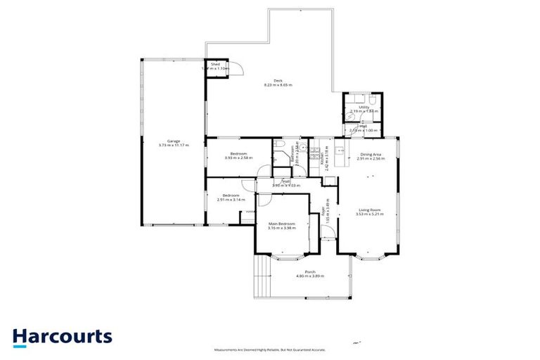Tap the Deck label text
[x=278, y=80]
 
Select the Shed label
[x=214, y=64]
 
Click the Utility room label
[x=364, y=107]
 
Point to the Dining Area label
[x=371, y=154]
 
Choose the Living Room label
[x=370, y=210]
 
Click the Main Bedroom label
[x=281, y=224]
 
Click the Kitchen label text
[x=321, y=159]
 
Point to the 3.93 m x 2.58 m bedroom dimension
[x=238, y=158]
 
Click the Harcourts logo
[x=62, y=336]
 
